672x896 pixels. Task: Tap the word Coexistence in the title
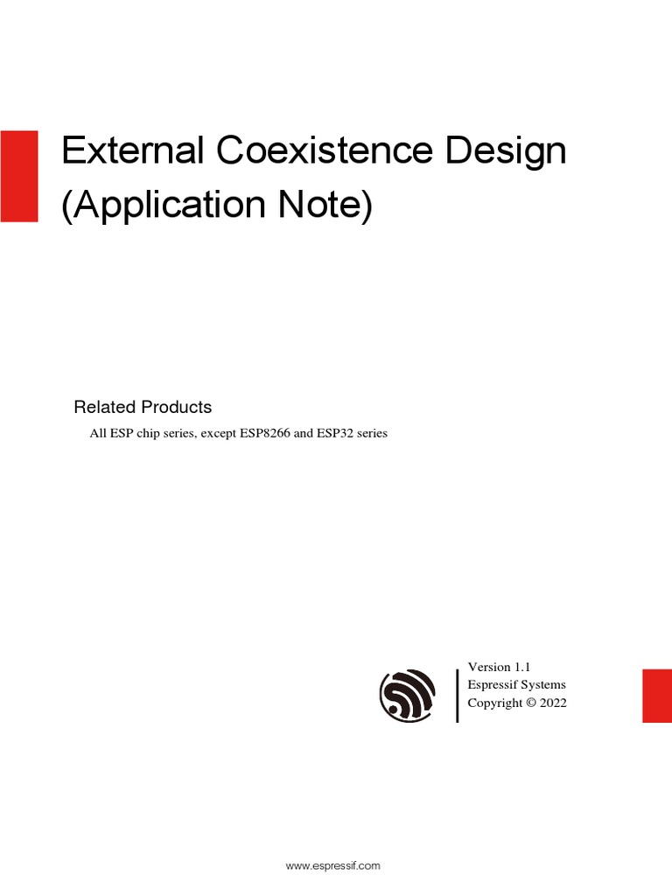pyautogui.click(x=324, y=151)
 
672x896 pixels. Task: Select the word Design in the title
pyautogui.click(x=506, y=153)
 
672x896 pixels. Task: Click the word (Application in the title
pyautogui.click(x=163, y=206)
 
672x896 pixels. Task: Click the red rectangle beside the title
pyautogui.click(x=18, y=176)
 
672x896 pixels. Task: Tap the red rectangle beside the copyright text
pyautogui.click(x=657, y=696)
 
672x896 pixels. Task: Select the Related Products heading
pyautogui.click(x=143, y=407)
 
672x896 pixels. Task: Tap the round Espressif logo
pyautogui.click(x=407, y=696)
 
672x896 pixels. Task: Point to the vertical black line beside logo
pyautogui.click(x=458, y=696)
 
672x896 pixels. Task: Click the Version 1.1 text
pyautogui.click(x=500, y=668)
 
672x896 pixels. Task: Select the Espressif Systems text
pyautogui.click(x=517, y=685)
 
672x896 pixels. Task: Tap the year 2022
pyautogui.click(x=553, y=703)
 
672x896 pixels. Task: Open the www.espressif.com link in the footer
pyautogui.click(x=333, y=865)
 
